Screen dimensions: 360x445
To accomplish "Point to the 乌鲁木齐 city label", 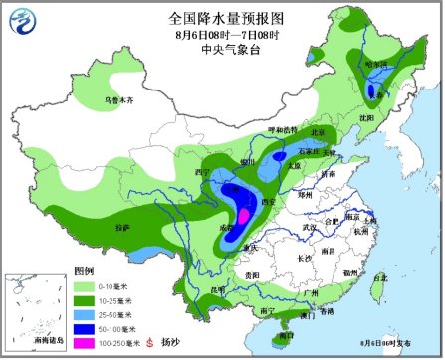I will point(118,101).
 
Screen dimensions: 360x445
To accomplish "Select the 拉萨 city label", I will point(122,229).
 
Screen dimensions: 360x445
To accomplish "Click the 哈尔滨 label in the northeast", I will point(376,64).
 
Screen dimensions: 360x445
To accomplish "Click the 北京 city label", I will point(318,132).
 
